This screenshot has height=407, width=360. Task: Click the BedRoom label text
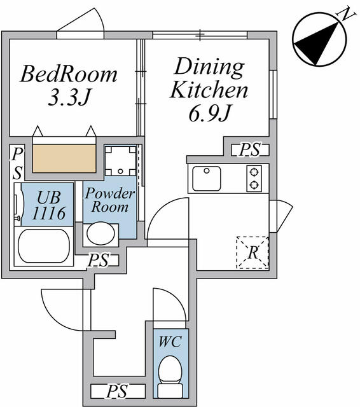pyautogui.click(x=69, y=74)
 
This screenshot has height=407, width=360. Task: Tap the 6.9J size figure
pyautogui.click(x=210, y=113)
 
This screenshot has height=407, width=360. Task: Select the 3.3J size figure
pyautogui.click(x=69, y=97)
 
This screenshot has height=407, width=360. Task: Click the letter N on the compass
pyautogui.click(x=345, y=14)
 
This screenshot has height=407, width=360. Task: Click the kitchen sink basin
pyautogui.click(x=207, y=179)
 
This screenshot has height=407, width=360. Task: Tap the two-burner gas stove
pyautogui.click(x=254, y=179)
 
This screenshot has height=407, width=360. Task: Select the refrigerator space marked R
pyautogui.click(x=253, y=252)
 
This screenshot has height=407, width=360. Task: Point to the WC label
pyautogui.click(x=170, y=341)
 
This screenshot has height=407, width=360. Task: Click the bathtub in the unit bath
pyautogui.click(x=44, y=246)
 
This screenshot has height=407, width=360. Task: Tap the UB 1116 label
pyautogui.click(x=48, y=205)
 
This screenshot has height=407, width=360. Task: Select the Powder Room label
pyautogui.click(x=110, y=200)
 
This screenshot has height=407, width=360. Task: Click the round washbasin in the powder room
pyautogui.click(x=100, y=233)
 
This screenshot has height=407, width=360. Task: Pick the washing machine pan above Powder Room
pyautogui.click(x=120, y=161)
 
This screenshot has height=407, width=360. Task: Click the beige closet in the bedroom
pyautogui.click(x=64, y=158)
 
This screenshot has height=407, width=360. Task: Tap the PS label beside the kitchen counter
pyautogui.click(x=250, y=150)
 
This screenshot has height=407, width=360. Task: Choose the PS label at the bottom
pyautogui.click(x=118, y=392)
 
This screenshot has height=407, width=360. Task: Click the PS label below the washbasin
pyautogui.click(x=99, y=260)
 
